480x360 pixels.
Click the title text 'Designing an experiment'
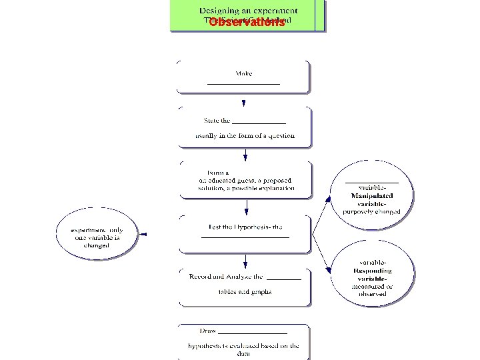pos(249,11)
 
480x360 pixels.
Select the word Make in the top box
pos(243,73)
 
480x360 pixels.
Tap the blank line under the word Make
pos(243,84)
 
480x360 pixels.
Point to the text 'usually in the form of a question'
pos(245,135)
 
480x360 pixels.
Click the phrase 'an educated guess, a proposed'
pos(245,180)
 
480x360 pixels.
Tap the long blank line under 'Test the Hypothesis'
pos(245,237)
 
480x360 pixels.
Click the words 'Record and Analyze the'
pos(226,276)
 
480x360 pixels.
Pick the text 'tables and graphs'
pos(245,291)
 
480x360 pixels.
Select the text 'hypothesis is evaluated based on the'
pos(243,345)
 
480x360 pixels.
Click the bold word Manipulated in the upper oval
pos(372,196)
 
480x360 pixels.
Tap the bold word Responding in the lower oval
pos(373,271)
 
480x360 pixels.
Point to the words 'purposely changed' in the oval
pos(372,211)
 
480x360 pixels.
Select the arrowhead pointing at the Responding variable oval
pos(330,270)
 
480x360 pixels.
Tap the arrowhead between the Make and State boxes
pos(244,103)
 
